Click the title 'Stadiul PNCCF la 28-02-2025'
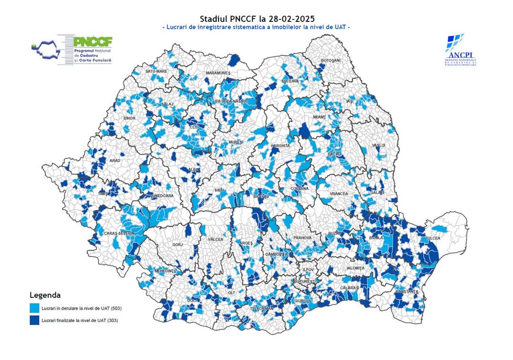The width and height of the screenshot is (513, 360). tap(256, 19)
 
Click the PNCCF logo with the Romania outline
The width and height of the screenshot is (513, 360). tap(71, 49)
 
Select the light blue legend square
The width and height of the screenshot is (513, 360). tap(34, 308)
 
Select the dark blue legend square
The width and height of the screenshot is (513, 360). tap(34, 320)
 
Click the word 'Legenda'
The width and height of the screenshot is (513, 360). tap(45, 294)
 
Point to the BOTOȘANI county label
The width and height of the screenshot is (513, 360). tap(331, 61)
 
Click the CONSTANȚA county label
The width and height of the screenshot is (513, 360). tap(407, 291)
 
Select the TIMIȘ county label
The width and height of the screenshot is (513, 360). tap(103, 194)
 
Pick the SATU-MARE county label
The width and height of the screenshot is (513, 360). tap(156, 71)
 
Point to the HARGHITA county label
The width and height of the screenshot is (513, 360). tap(280, 145)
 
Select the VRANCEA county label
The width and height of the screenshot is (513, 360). tap(339, 194)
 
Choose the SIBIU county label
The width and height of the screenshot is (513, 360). tap(219, 189)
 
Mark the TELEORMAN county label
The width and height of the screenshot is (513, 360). tap(262, 308)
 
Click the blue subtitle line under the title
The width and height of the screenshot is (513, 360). tap(256, 28)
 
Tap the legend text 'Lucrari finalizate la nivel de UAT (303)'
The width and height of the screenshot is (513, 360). tap(80, 321)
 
